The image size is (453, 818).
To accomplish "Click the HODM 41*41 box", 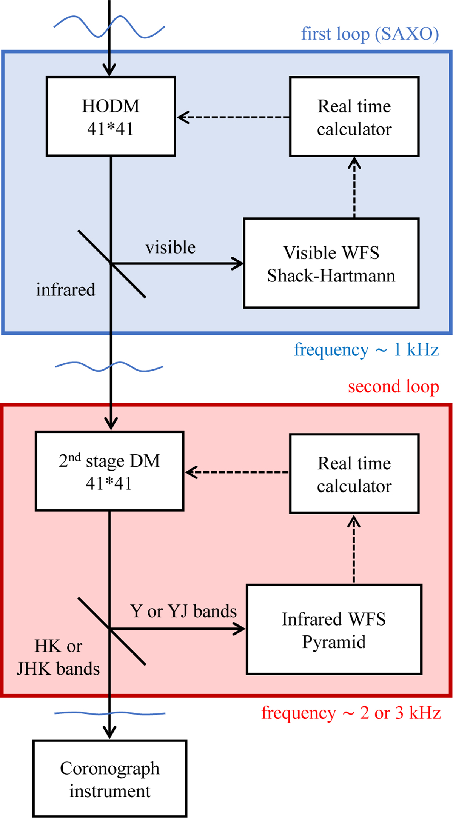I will point(111,117).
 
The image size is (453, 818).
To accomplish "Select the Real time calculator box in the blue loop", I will point(354,117).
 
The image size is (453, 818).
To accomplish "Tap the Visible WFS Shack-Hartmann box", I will point(331,263).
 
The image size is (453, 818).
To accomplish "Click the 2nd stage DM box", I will point(109,471).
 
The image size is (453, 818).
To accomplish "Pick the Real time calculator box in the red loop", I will point(354,474).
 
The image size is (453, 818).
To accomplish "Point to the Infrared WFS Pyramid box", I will point(334,630).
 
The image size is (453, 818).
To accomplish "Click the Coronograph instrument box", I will point(110,779).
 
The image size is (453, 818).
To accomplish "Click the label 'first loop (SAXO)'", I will point(370,34).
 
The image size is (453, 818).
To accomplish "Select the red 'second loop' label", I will point(393,386).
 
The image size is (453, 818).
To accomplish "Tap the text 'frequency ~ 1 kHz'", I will point(366,350).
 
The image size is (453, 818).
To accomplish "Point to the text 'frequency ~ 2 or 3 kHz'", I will point(351,713).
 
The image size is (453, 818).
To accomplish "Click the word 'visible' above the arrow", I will point(171,248).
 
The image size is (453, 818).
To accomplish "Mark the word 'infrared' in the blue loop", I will point(66,290).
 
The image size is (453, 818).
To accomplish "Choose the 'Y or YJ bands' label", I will point(183,611).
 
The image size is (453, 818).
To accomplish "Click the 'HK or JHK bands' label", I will point(58,657).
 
